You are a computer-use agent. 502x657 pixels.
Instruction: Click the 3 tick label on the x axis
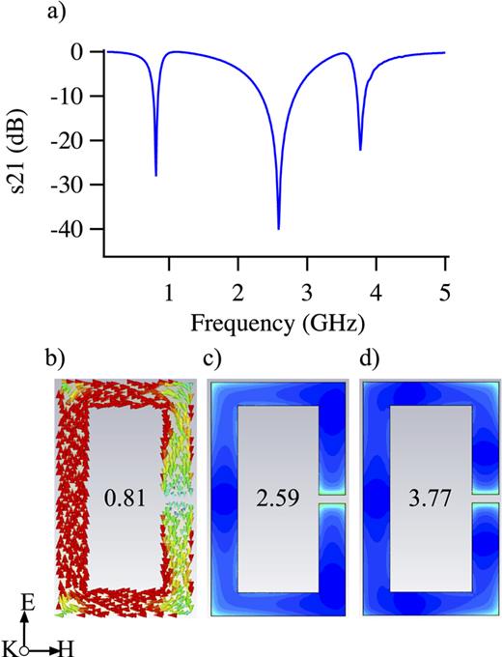[x=307, y=290]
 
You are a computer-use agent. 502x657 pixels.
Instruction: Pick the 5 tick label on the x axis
[x=445, y=290]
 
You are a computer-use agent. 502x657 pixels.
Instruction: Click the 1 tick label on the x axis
[x=169, y=290]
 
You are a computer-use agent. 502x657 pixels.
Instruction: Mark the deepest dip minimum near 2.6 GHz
[x=279, y=229]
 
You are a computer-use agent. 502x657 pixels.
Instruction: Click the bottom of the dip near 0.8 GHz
[x=155, y=175]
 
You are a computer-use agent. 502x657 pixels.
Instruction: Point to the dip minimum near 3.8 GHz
[x=360, y=150]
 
